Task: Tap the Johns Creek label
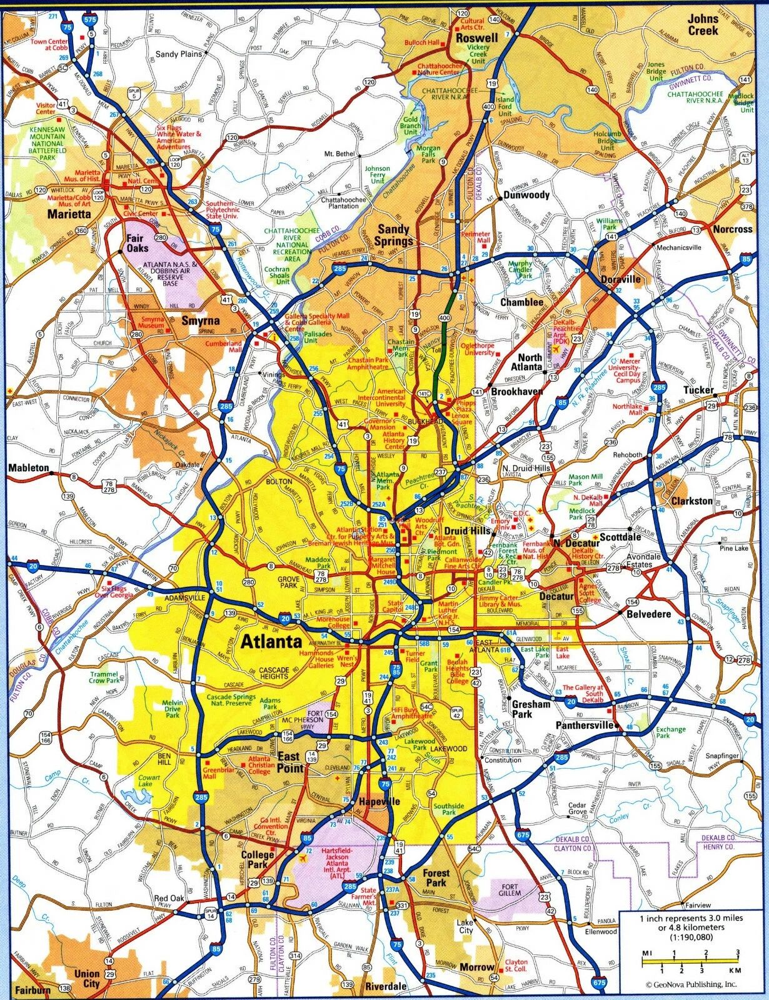(703, 24)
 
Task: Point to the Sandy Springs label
(395, 236)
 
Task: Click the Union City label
(87, 979)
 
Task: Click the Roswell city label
(476, 38)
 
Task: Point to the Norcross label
(732, 229)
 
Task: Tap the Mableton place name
(29, 467)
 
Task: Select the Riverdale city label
(386, 986)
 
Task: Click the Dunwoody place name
(526, 195)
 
